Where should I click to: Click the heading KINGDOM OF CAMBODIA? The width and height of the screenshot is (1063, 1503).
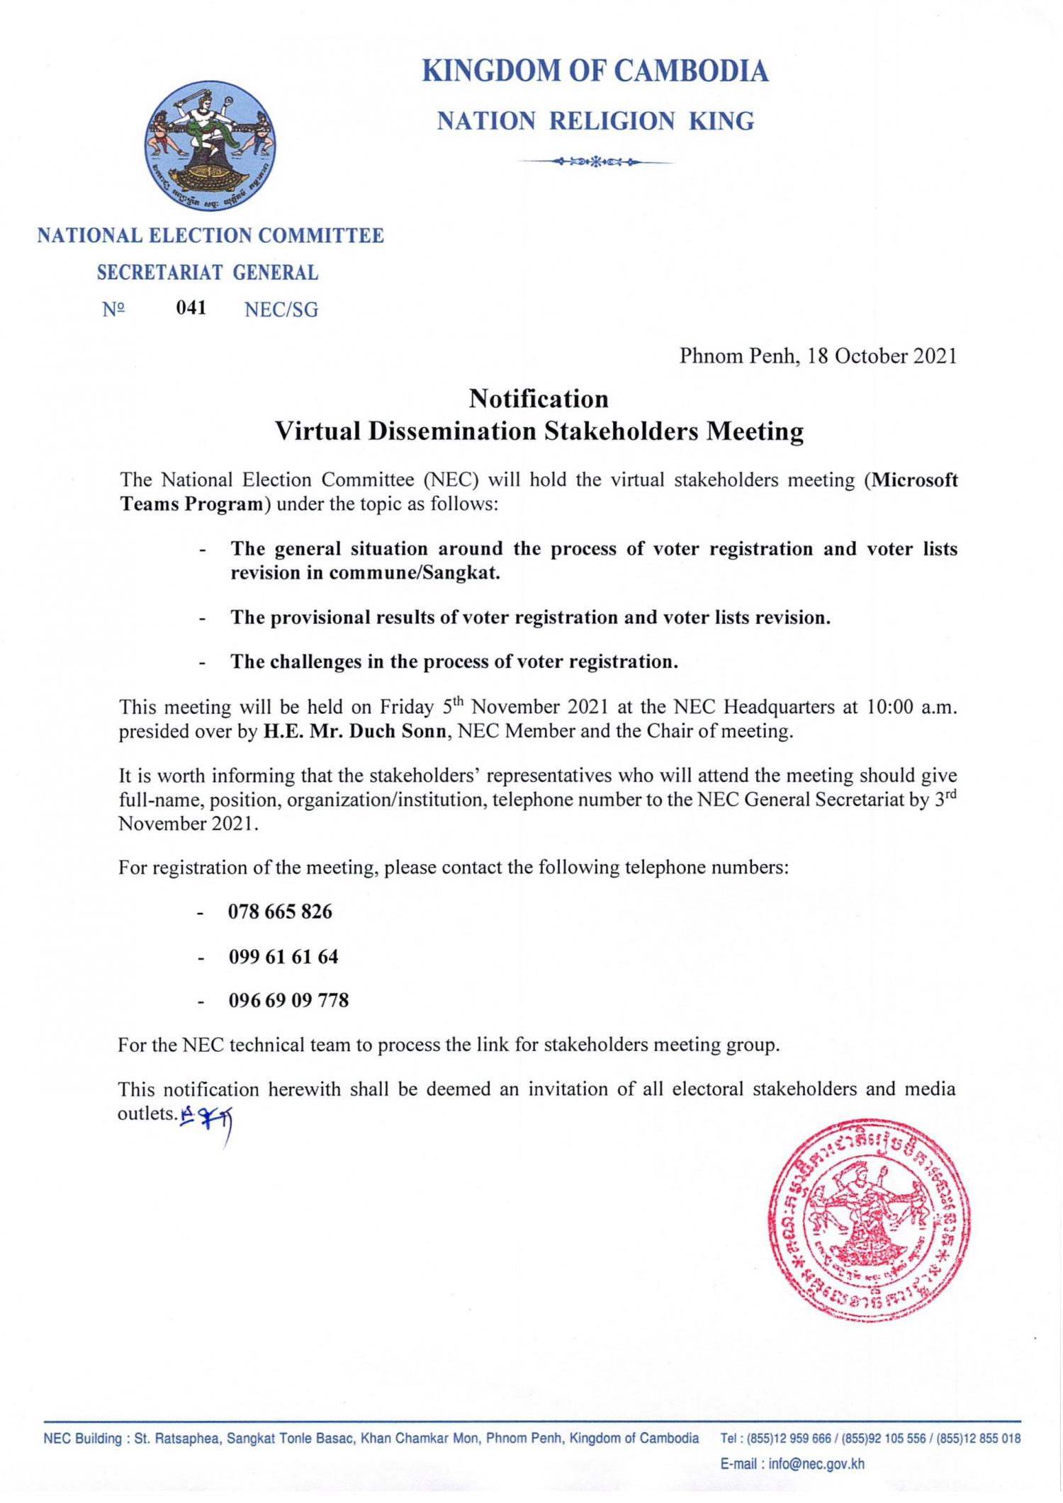[x=595, y=72]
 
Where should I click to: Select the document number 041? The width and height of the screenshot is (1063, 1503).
[x=191, y=308]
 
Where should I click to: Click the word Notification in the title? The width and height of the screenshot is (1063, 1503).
[x=539, y=399]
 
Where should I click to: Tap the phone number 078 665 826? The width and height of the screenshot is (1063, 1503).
[x=280, y=912]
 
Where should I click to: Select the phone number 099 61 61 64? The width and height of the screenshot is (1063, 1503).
[x=283, y=957]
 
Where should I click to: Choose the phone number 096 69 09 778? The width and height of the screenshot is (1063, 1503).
[x=288, y=1001]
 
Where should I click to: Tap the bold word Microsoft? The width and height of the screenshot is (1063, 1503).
[x=914, y=480]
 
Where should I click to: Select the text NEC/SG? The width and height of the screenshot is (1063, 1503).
[x=281, y=310]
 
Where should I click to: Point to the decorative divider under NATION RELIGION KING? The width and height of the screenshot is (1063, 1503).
[x=595, y=162]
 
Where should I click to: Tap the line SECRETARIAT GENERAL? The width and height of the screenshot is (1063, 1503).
[x=208, y=273]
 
